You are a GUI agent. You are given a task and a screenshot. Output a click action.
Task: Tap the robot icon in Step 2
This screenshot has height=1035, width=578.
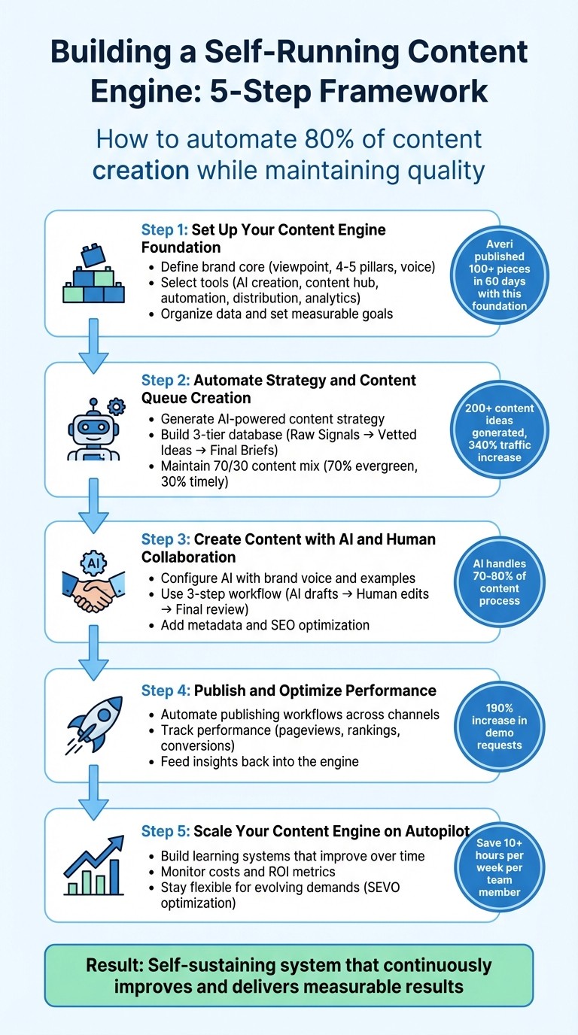94,429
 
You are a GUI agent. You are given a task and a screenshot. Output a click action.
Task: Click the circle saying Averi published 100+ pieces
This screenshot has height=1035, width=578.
491,275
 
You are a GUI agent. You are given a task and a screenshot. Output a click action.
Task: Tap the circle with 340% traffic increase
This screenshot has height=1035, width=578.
494,433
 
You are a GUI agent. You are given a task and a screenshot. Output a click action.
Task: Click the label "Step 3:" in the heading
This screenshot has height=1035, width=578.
166,539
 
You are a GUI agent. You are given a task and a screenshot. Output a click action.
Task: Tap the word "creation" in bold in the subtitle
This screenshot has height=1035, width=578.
141,170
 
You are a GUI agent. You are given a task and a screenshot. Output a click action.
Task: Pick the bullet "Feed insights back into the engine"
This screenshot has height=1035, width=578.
260,761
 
